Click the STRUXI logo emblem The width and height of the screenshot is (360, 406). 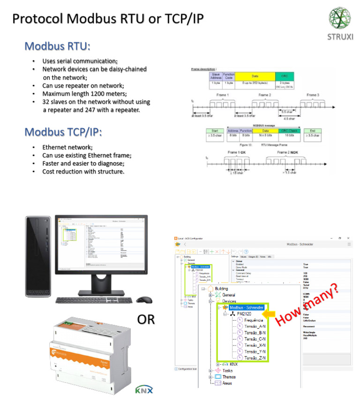click(x=339, y=19)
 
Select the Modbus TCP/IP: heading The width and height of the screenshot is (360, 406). click(x=63, y=132)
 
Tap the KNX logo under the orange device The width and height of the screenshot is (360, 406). click(x=144, y=390)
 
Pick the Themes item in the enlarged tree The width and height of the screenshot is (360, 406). click(x=229, y=376)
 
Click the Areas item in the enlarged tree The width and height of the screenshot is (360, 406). click(x=227, y=383)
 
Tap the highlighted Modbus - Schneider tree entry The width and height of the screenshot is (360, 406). click(x=247, y=308)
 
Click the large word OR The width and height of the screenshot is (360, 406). click(x=146, y=320)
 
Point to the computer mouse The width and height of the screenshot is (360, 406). click(x=144, y=300)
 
